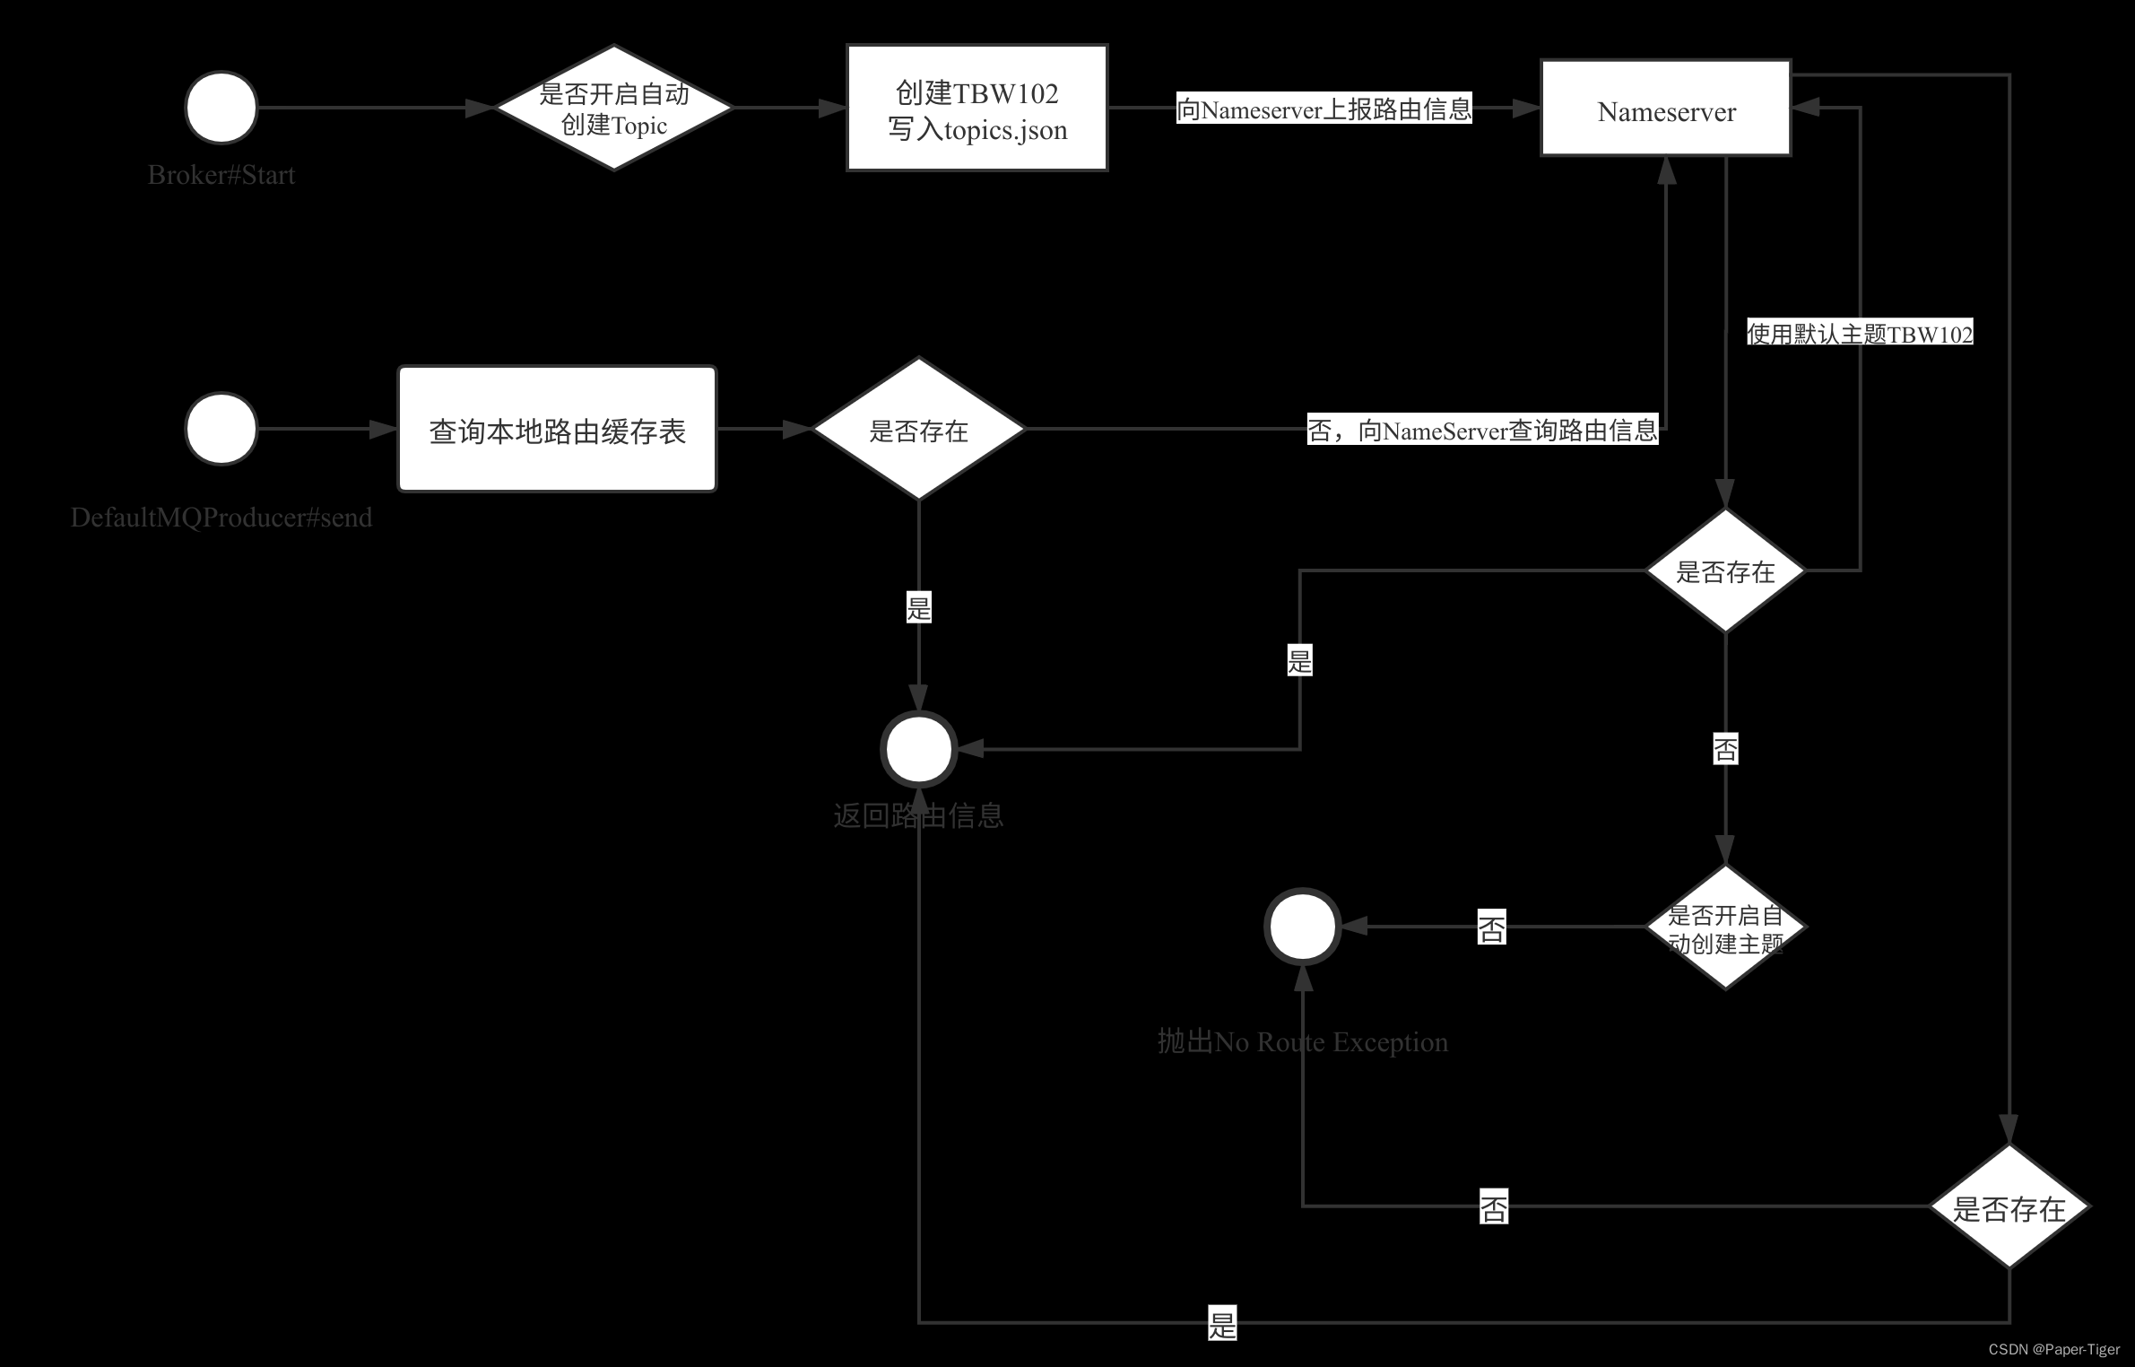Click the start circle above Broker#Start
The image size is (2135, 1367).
(x=221, y=108)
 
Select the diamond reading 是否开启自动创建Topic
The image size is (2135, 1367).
(x=614, y=108)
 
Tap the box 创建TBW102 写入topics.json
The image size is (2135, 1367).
(x=977, y=108)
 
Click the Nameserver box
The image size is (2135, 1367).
(x=1666, y=109)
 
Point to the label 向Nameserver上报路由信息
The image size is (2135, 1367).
(x=1324, y=109)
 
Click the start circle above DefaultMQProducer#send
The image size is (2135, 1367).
(x=221, y=429)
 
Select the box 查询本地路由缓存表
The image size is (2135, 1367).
(x=557, y=430)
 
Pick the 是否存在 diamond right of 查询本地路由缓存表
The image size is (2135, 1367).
(x=918, y=430)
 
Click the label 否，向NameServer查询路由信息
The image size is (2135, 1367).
(x=1482, y=431)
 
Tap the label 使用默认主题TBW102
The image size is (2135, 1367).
(x=1860, y=334)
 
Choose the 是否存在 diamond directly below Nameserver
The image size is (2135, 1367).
(x=1725, y=570)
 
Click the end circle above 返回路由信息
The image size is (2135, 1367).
(x=919, y=749)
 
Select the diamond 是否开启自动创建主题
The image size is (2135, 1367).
(x=1725, y=927)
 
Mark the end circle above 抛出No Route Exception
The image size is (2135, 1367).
(x=1302, y=927)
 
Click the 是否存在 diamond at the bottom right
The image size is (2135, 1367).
(x=2009, y=1207)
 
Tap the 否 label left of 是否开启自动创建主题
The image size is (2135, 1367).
(x=1492, y=927)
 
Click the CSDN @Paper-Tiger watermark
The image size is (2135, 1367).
(x=2054, y=1349)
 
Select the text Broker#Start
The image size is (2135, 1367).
(x=221, y=175)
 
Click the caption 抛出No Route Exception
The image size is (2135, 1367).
(x=1302, y=1041)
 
